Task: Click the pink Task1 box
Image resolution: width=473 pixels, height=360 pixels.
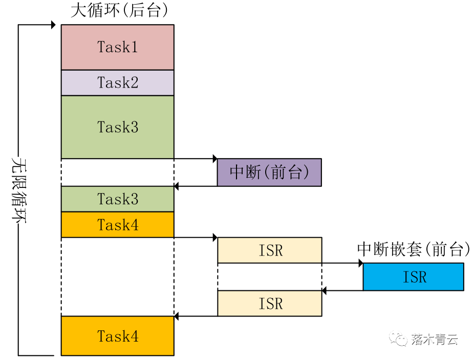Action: click(117, 47)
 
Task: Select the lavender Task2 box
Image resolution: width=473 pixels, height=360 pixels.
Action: click(117, 82)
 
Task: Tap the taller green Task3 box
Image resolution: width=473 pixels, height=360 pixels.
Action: click(117, 127)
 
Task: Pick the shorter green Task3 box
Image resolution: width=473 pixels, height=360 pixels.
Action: click(117, 199)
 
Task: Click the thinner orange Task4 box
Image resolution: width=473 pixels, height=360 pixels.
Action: click(117, 225)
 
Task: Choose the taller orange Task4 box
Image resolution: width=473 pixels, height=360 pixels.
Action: click(117, 336)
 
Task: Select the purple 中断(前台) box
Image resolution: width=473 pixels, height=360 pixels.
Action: click(269, 172)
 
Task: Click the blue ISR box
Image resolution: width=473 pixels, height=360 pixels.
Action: click(414, 277)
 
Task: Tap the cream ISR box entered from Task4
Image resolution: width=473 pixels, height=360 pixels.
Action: click(270, 250)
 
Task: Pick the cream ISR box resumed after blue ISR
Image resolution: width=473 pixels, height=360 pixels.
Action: click(270, 303)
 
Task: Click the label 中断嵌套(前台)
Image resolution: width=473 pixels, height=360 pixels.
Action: click(413, 249)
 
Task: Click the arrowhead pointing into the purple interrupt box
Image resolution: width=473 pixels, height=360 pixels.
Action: click(214, 159)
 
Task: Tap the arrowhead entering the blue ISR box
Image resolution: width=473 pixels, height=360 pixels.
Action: click(360, 263)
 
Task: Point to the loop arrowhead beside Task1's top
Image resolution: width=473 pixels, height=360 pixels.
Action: click(53, 25)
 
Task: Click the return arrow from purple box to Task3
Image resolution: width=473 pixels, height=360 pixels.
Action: click(195, 186)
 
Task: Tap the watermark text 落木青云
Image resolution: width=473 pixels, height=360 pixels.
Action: click(435, 339)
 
